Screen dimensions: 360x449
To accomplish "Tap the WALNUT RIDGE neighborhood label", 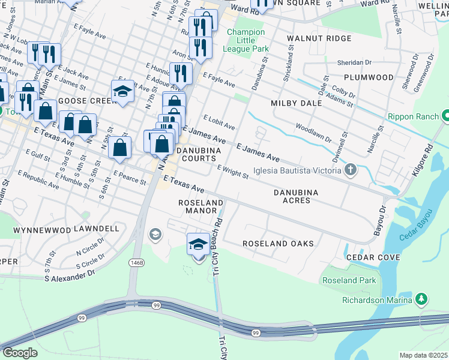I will click(310, 38).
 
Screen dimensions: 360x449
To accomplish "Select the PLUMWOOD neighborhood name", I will click(369, 77).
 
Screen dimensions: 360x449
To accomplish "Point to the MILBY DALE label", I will click(296, 103).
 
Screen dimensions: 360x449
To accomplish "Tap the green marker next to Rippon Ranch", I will click(446, 115).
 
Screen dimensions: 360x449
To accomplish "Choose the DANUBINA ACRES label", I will click(295, 196).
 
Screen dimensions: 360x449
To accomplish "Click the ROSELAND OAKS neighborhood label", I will click(278, 244).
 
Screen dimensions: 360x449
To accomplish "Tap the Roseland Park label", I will click(349, 280).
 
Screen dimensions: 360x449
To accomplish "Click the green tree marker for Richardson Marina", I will click(421, 298).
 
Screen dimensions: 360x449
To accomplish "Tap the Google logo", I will click(20, 353).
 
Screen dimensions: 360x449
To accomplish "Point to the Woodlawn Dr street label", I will click(312, 132).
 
